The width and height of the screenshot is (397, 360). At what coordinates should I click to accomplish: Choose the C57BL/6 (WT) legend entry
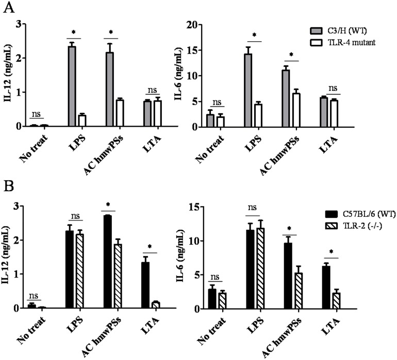coord(355,213)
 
